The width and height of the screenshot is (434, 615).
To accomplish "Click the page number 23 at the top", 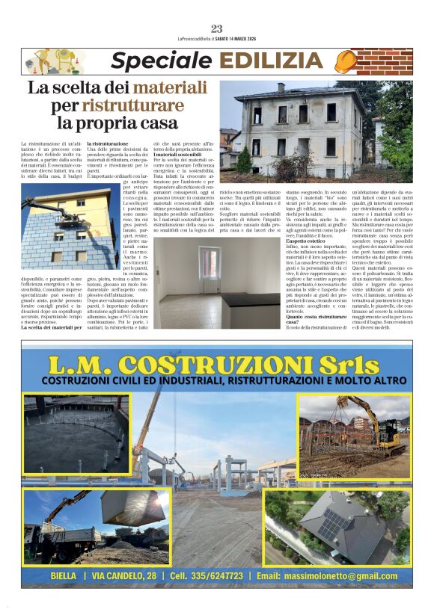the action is click(217, 29).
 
